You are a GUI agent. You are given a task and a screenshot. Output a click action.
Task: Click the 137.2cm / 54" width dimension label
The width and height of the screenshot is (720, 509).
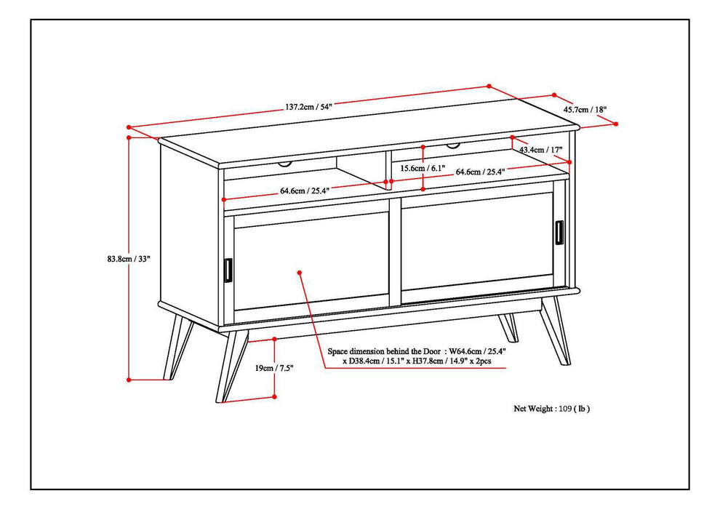[308, 108]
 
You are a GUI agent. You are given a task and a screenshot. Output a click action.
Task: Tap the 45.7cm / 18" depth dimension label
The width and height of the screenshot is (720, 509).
[585, 110]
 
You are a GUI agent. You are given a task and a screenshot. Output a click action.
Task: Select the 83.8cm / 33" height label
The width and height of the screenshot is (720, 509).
[128, 258]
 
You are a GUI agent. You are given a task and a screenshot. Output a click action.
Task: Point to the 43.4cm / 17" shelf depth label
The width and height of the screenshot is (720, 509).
[541, 150]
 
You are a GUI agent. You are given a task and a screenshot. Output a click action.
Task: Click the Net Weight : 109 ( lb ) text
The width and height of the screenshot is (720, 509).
[552, 409]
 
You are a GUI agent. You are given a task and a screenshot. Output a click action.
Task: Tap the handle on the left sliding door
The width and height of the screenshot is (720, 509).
[228, 269]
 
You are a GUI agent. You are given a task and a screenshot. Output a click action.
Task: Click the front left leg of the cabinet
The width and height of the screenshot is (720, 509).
[231, 364]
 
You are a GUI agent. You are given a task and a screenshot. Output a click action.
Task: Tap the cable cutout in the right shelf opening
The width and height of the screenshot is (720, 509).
[453, 146]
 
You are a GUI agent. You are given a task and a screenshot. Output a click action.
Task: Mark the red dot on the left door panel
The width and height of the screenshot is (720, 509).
[300, 272]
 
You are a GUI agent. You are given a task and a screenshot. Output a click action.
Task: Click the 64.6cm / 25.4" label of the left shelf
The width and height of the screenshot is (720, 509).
[305, 191]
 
